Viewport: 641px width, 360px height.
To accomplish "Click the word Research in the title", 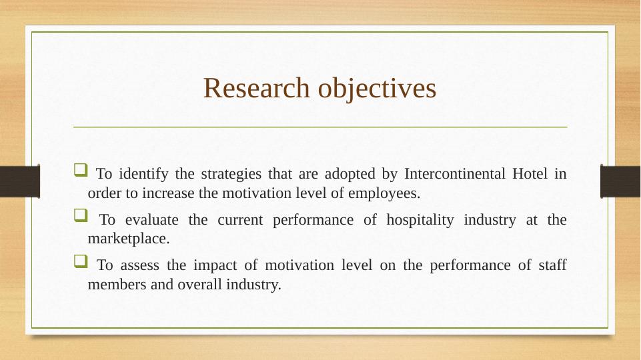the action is (x=257, y=87).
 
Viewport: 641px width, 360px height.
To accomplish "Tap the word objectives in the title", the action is (x=377, y=89).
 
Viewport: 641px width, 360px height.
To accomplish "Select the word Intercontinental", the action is (x=455, y=173).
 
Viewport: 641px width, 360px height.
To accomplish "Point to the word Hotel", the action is (x=530, y=173).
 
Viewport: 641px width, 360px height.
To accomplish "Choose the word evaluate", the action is (x=151, y=220).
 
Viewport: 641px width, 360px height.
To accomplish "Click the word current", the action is (x=240, y=220).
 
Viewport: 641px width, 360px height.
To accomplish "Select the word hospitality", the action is (x=420, y=221).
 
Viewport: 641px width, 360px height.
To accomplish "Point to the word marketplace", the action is (x=128, y=239).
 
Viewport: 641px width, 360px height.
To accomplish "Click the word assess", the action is (x=140, y=265).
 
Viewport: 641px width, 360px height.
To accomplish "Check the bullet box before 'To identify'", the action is (x=81, y=169).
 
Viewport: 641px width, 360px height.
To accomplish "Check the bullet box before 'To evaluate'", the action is (x=81, y=215).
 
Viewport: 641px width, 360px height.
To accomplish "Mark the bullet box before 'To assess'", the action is (x=81, y=261).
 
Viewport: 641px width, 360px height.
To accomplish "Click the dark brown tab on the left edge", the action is (x=20, y=181).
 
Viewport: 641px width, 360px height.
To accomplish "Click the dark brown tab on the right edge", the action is (x=620, y=181).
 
